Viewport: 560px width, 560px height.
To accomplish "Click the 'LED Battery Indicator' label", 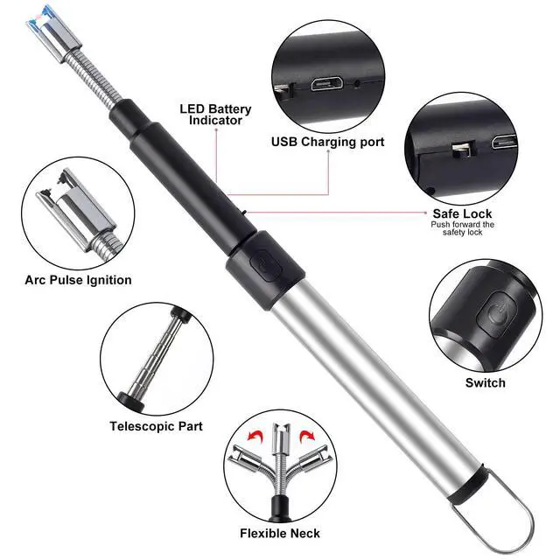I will click(x=216, y=115).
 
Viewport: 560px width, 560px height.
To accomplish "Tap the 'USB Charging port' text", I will click(x=327, y=142).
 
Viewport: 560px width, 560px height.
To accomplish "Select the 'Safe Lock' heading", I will click(x=462, y=213).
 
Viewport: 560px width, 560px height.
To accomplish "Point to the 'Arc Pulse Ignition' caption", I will click(x=79, y=280).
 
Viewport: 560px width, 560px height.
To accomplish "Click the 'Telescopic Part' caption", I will click(x=156, y=426).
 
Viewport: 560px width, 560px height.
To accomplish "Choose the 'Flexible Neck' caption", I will click(x=280, y=533).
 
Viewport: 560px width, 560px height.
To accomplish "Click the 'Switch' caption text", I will click(x=486, y=382).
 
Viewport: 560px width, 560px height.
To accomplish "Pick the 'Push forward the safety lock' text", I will click(x=462, y=229).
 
